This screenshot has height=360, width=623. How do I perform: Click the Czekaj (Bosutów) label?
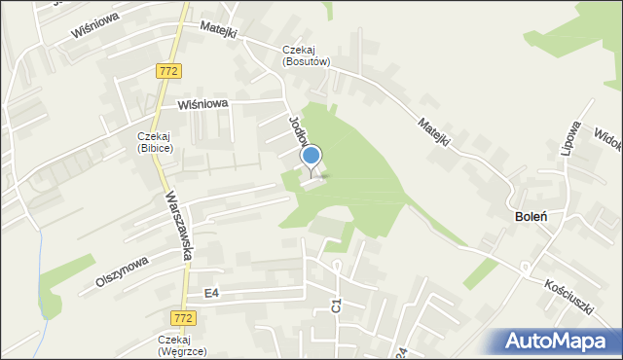[307, 55]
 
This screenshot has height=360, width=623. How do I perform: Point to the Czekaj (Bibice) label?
[155, 142]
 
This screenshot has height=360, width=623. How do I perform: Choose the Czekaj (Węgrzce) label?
[182, 345]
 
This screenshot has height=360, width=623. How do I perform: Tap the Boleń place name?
[530, 216]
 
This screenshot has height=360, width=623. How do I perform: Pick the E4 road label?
[211, 292]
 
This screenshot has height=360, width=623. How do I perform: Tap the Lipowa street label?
[573, 139]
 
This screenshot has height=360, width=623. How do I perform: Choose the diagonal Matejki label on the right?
[433, 131]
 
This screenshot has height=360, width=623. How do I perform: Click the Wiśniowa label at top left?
[94, 25]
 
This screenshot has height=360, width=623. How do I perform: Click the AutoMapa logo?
[560, 342]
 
